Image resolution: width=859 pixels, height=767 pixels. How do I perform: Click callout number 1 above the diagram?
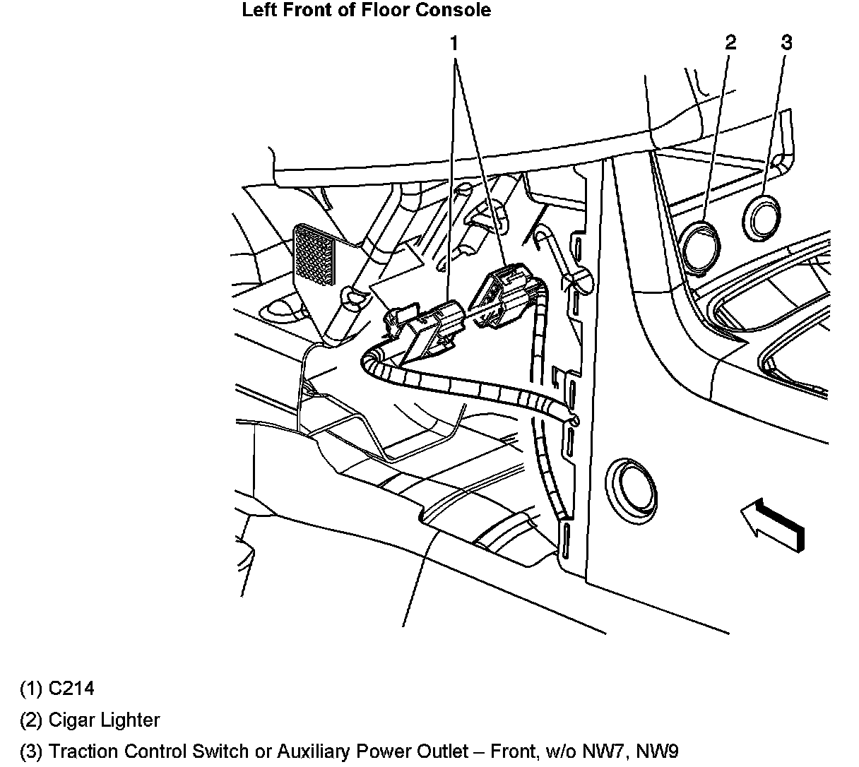click(x=454, y=44)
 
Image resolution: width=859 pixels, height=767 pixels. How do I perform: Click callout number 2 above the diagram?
click(x=730, y=42)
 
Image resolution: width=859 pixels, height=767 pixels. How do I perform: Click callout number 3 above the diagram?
click(x=786, y=42)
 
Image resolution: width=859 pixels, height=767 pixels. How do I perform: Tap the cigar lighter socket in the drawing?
click(x=702, y=245)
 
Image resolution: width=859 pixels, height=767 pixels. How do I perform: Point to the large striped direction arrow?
click(x=772, y=523)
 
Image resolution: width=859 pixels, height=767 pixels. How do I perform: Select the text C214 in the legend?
click(x=71, y=688)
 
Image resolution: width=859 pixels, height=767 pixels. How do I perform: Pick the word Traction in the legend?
click(x=81, y=751)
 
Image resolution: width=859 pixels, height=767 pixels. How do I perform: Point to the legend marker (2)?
click(x=31, y=720)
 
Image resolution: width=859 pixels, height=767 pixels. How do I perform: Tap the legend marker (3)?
click(x=31, y=751)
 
